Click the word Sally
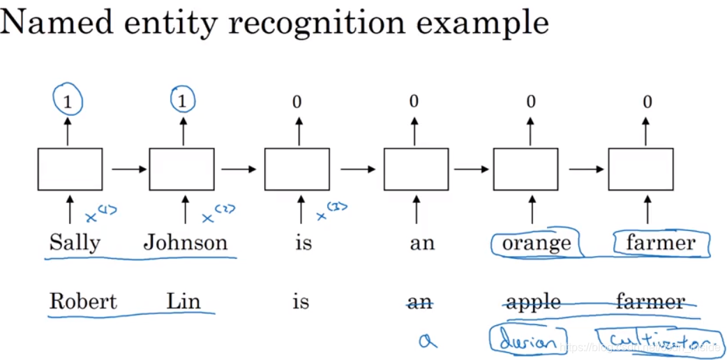coord(75,243)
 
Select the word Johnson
coord(186,243)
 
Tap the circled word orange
coord(537,243)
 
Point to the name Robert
coord(83,301)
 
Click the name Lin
coord(183,301)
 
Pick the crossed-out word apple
coord(534,302)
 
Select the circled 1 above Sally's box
coord(68,103)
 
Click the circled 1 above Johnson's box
coord(183,103)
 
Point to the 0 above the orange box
coord(531,103)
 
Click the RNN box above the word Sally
coord(70,169)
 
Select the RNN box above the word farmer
coord(640,169)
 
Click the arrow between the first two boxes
coord(126,169)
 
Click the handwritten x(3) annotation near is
coord(331,211)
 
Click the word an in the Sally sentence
coord(422,243)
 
